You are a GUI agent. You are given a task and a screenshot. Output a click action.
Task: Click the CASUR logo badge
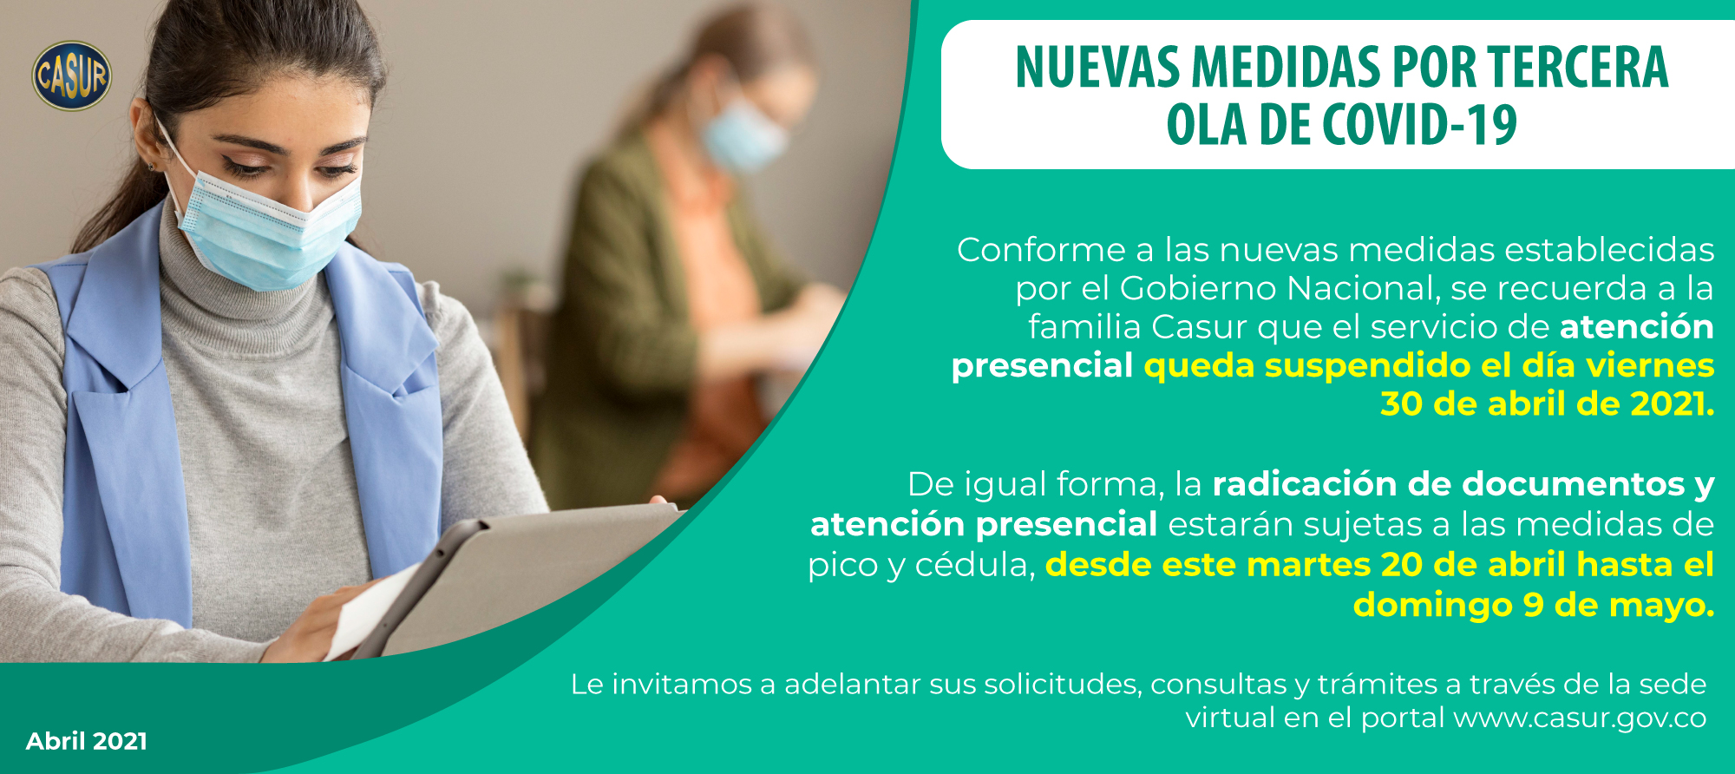pos(72,75)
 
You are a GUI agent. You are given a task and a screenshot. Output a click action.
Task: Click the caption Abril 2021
pos(87,741)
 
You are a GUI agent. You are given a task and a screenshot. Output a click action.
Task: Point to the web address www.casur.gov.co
pos(1580,718)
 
